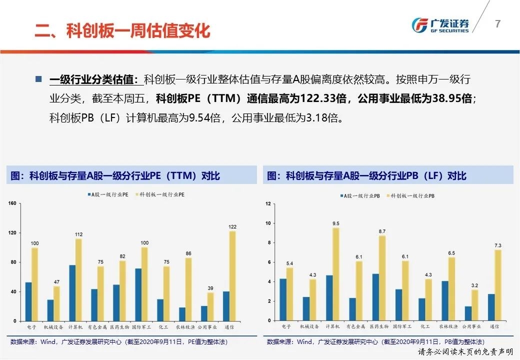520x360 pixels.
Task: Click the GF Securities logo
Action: click(x=439, y=25)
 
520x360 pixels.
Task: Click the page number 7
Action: click(x=497, y=24)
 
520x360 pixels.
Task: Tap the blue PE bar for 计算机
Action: click(x=72, y=293)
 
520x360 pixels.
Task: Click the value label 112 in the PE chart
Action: click(x=78, y=234)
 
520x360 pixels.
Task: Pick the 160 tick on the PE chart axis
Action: click(x=13, y=203)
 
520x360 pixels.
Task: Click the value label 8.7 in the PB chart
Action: click(x=382, y=231)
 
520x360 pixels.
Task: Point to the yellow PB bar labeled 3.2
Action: click(x=474, y=305)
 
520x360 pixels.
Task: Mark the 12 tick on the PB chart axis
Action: click(x=268, y=203)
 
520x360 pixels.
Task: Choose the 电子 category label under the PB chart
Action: click(x=286, y=326)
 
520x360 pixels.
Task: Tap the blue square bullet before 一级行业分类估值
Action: click(x=39, y=79)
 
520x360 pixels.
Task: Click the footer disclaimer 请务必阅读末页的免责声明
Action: click(x=466, y=352)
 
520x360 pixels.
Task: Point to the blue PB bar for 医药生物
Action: click(x=375, y=297)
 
